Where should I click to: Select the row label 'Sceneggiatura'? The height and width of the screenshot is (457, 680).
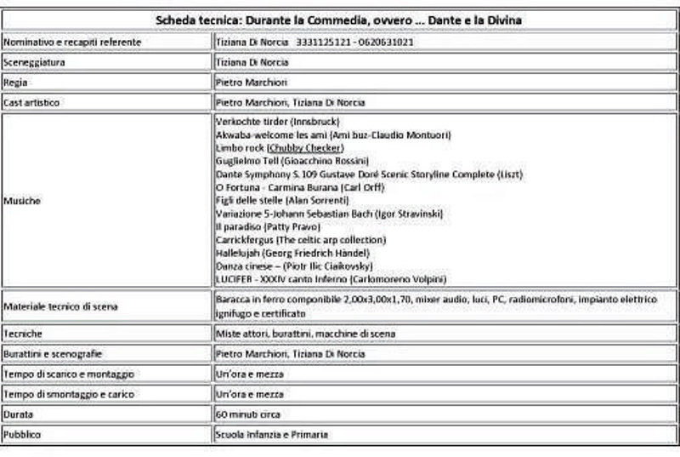click(35, 62)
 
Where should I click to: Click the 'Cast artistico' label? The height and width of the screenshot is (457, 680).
click(35, 103)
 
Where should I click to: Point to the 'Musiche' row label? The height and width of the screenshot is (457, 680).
click(22, 201)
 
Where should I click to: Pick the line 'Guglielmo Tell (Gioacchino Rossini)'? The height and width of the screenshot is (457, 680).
click(292, 161)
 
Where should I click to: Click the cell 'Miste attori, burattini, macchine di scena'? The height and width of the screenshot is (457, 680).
click(305, 334)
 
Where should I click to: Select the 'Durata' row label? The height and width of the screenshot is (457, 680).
click(19, 414)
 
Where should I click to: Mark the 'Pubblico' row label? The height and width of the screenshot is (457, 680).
click(22, 435)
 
